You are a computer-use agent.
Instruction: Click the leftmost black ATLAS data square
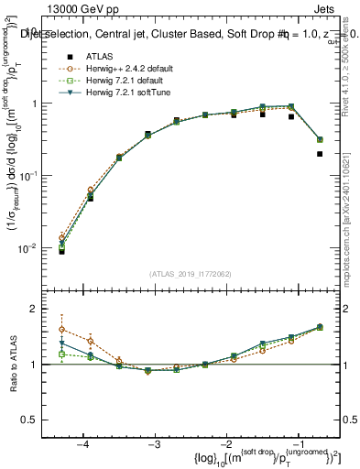pos(61,250)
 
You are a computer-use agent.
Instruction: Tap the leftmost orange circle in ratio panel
pos(61,330)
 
